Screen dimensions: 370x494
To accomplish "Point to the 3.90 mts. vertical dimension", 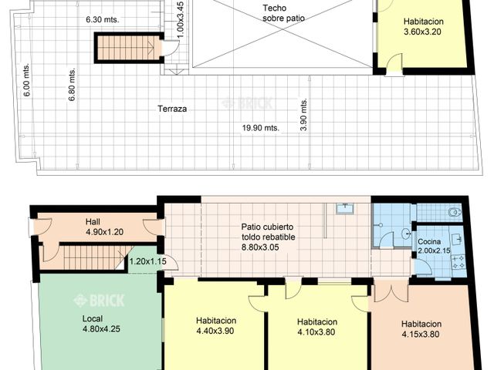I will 305,115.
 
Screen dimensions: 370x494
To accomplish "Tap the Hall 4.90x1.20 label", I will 99,227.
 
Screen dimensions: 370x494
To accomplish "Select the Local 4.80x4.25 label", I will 96,322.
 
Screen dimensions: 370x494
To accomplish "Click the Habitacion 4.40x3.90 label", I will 215,325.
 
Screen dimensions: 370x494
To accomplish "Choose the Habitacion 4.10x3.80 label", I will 317,328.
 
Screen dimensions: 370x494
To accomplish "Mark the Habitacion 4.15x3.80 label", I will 421,329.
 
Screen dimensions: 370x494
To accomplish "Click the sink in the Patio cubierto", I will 345,209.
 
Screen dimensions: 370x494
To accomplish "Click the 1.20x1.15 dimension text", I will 147,261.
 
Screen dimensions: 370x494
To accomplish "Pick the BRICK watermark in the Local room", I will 98,300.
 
